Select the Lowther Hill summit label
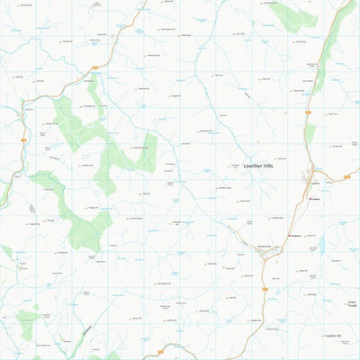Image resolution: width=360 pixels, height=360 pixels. pyautogui.click(x=334, y=336)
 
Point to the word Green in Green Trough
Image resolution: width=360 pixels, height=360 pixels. pyautogui.click(x=352, y=302)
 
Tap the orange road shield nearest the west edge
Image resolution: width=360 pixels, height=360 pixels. pyautogui.click(x=23, y=140)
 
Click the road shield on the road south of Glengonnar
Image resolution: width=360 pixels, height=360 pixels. pyautogui.click(x=265, y=289)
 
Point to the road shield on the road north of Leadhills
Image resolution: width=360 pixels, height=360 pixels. pyautogui.click(x=309, y=112)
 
